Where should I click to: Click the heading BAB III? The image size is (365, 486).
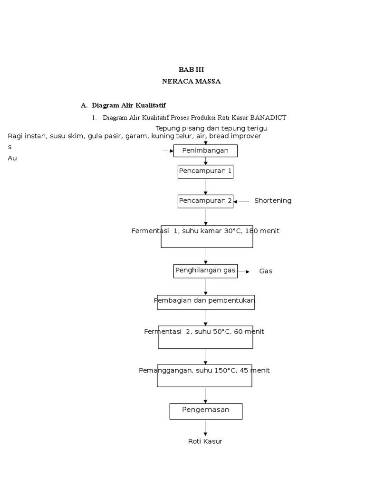191,69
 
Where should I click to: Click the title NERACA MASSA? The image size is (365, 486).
191,81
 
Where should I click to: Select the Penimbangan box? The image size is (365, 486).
205,151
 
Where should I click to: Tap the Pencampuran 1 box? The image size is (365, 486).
205,171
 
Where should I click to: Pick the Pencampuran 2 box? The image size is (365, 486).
205,201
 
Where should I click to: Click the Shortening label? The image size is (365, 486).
273,201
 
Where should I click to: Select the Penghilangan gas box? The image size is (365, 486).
205,271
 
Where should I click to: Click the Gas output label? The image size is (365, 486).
266,271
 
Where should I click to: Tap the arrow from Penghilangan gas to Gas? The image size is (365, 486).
244,272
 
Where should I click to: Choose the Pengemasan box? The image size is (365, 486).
205,411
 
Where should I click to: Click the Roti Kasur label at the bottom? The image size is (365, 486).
205,441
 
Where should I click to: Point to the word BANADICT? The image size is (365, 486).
268,118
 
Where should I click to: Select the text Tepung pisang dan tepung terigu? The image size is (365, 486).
211,128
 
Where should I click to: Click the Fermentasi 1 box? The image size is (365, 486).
206,236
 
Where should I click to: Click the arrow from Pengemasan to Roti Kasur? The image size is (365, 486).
206,427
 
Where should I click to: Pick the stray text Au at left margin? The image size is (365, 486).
12,158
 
